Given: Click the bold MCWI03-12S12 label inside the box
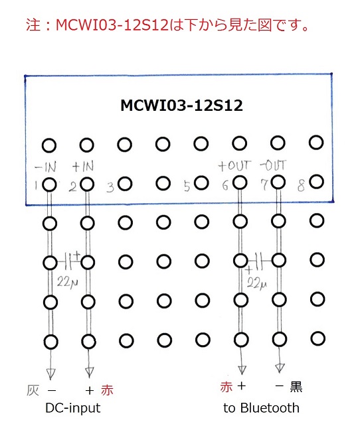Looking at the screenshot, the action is pyautogui.click(x=181, y=106).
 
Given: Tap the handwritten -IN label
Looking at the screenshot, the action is pyautogui.click(x=46, y=167).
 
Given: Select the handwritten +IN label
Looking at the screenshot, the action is pyautogui.click(x=83, y=166).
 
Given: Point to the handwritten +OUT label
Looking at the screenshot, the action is pyautogui.click(x=234, y=166).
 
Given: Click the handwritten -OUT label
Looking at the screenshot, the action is pyautogui.click(x=273, y=165).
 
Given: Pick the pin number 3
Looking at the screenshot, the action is pyautogui.click(x=110, y=188).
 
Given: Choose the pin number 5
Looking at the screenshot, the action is pyautogui.click(x=187, y=186).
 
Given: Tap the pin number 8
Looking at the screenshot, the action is pyautogui.click(x=301, y=186).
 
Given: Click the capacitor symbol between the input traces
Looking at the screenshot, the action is pyautogui.click(x=69, y=261).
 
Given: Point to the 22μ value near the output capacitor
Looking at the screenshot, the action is pyautogui.click(x=256, y=283).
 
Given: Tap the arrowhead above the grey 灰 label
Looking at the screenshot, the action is pyautogui.click(x=50, y=374).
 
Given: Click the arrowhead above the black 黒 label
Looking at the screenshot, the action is pyautogui.click(x=280, y=368).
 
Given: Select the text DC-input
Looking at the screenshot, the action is pyautogui.click(x=73, y=408).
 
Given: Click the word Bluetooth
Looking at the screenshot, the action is pyautogui.click(x=270, y=408).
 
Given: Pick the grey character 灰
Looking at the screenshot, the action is pyautogui.click(x=33, y=390).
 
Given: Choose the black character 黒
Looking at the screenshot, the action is pyautogui.click(x=296, y=387).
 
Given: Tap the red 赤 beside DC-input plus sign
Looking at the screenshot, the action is pyautogui.click(x=107, y=390).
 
